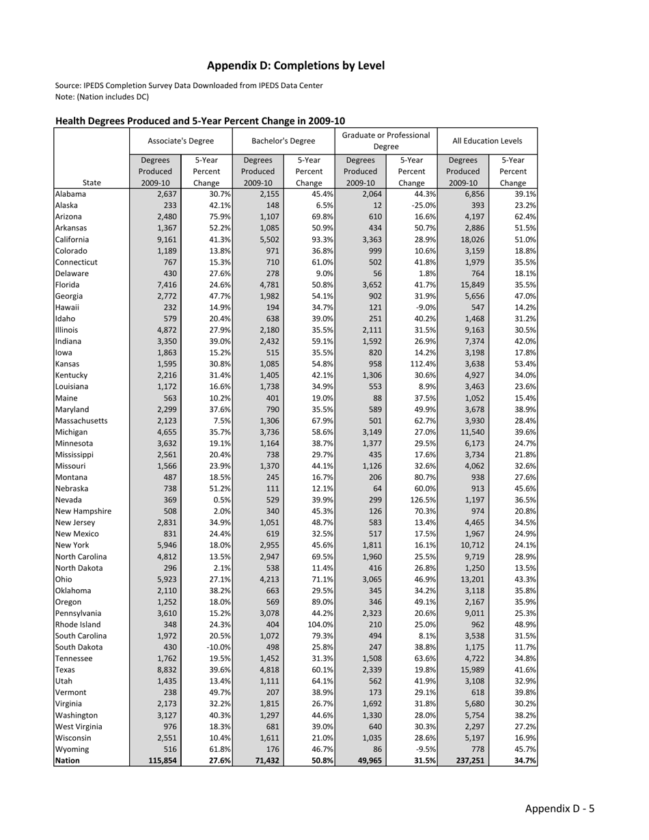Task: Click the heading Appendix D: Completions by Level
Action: point(296,66)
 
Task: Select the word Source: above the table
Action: point(68,85)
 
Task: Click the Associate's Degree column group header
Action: point(180,141)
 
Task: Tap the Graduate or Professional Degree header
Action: point(386,141)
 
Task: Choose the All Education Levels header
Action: point(487,141)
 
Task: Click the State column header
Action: point(91,182)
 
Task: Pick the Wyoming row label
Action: point(72,749)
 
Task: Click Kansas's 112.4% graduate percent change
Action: point(421,364)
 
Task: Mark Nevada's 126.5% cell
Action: point(421,500)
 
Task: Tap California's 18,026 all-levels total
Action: point(464,239)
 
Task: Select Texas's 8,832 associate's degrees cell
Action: point(166,670)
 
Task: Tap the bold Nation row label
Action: point(68,760)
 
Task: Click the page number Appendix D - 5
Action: point(560,809)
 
